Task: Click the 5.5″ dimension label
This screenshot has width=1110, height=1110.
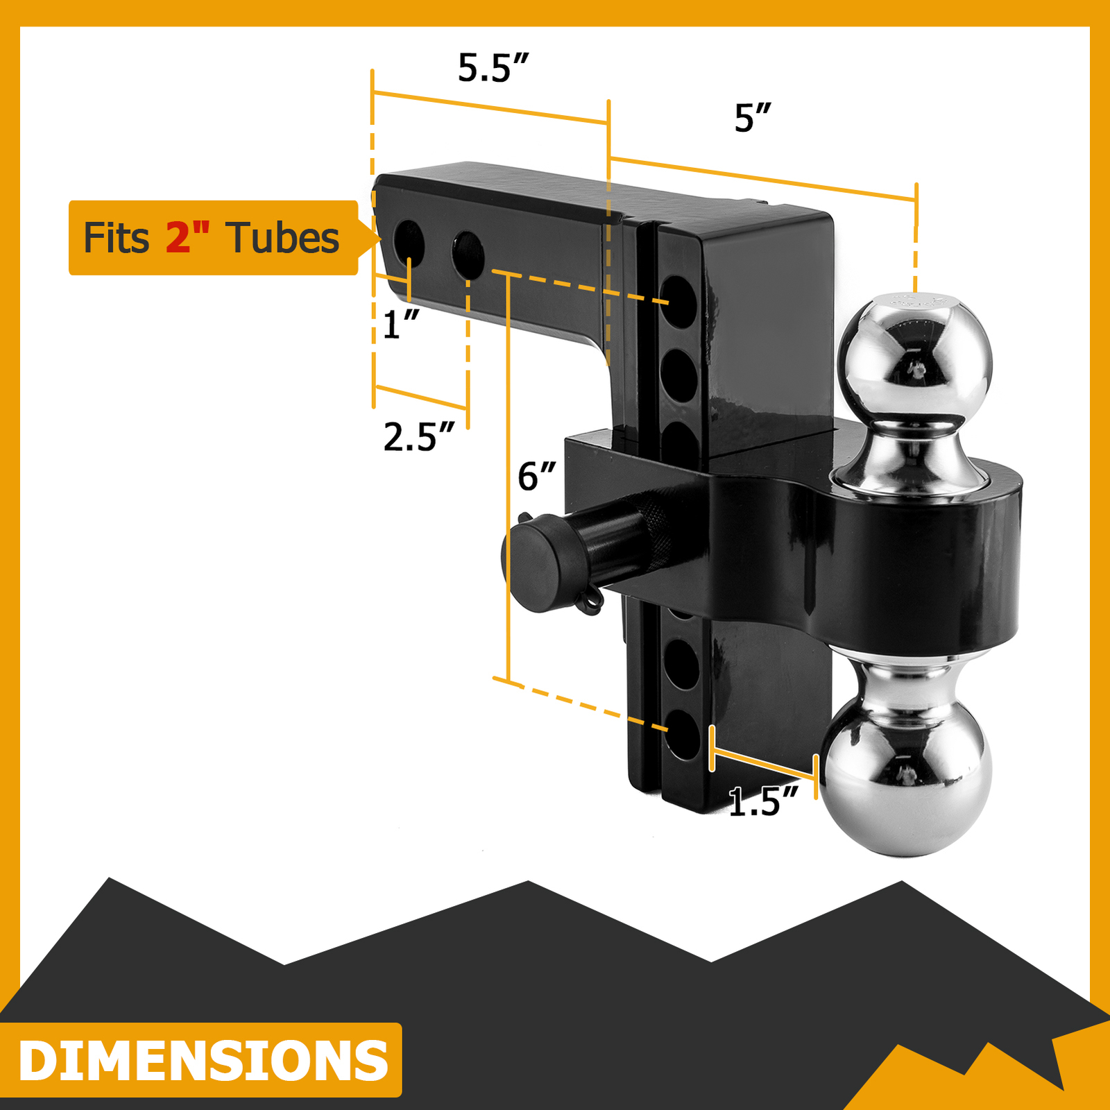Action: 493,68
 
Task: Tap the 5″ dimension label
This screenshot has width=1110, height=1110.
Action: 752,118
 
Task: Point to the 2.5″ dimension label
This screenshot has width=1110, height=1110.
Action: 418,437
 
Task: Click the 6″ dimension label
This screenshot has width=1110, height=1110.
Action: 536,477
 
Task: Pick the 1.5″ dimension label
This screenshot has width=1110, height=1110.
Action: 763,803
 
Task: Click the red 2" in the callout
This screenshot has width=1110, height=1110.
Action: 187,238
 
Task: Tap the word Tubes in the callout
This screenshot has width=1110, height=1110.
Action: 282,238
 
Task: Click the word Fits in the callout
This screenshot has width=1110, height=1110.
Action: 116,238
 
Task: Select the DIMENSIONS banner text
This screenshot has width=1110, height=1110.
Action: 203,1060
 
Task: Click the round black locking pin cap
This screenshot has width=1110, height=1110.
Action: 531,567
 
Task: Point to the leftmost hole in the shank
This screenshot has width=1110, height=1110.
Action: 409,241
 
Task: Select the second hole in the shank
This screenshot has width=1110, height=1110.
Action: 468,253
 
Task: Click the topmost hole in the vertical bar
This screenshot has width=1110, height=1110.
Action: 678,302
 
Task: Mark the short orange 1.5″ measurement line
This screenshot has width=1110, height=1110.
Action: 763,761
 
